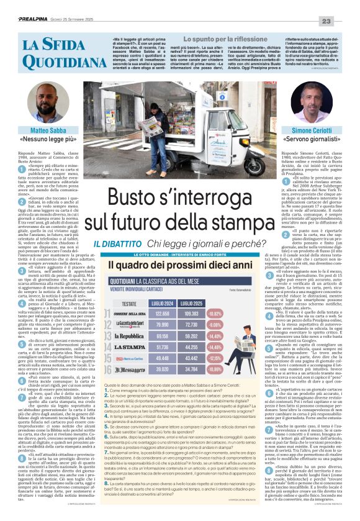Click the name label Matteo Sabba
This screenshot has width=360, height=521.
(x=44, y=132)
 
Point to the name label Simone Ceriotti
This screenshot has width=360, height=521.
(x=313, y=132)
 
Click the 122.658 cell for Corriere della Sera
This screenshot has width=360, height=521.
(x=161, y=314)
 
